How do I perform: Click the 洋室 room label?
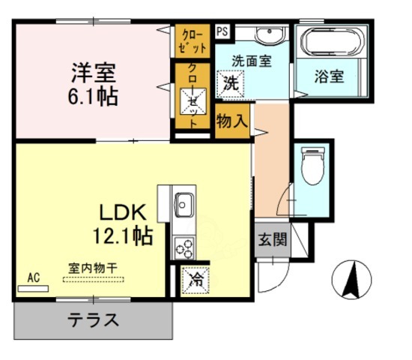[93, 74]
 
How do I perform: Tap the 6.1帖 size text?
[93, 98]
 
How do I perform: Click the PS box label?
[222, 31]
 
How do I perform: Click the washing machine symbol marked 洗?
[230, 82]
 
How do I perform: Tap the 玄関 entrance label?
[273, 241]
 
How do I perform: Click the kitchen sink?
[184, 203]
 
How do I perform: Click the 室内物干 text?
[93, 268]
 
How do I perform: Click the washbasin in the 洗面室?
[266, 35]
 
